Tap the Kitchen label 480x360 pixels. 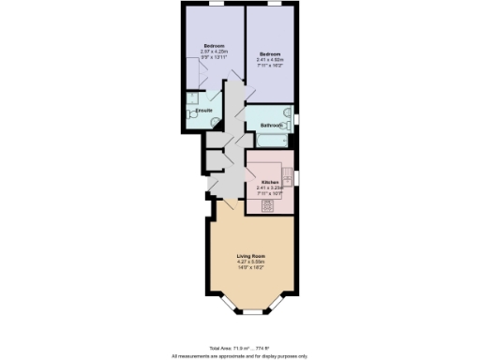[270, 182]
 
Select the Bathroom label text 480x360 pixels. [272, 125]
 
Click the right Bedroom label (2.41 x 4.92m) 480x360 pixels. [272, 54]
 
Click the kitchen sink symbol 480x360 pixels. [289, 177]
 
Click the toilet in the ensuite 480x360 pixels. [198, 114]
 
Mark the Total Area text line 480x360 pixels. [239, 347]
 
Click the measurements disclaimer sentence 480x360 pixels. [239, 355]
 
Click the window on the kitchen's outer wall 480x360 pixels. [298, 177]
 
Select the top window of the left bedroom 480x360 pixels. [215, 4]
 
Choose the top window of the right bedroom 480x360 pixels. [273, 4]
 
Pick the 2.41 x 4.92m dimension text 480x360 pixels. [272, 61]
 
